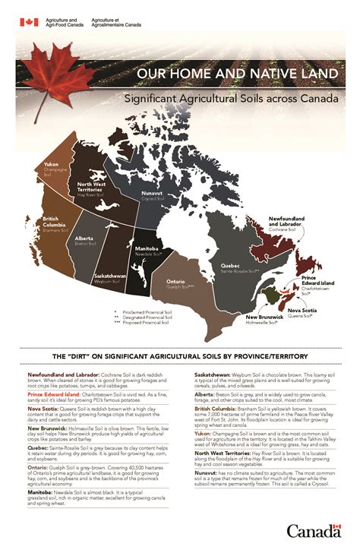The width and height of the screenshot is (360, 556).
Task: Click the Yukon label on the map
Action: coord(52,164)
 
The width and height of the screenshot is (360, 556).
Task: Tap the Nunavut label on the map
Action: coord(152,194)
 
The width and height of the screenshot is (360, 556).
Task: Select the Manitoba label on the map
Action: coord(147,248)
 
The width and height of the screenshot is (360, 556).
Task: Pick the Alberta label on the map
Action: coord(84,239)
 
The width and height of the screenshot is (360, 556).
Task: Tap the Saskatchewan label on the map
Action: coord(109,275)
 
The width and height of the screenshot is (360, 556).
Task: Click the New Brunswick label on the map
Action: coord(263,317)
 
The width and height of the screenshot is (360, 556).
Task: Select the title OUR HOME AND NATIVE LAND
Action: coord(236,74)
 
